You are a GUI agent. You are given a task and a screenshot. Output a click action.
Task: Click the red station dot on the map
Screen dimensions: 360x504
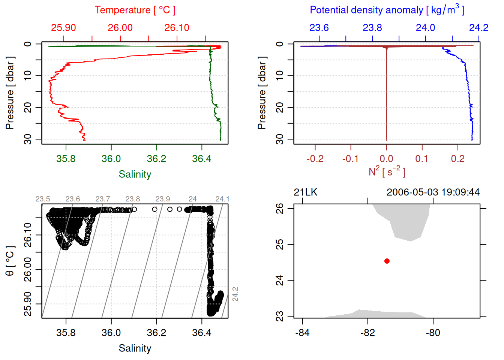[387, 261]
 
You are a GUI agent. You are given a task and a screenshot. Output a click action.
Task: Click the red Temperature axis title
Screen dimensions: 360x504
[135, 10]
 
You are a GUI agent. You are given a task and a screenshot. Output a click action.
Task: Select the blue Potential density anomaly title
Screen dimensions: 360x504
[387, 10]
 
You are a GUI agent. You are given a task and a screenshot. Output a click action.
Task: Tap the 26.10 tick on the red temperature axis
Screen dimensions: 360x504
[177, 28]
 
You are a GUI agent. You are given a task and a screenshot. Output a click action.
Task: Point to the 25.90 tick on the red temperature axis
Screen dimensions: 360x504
[63, 28]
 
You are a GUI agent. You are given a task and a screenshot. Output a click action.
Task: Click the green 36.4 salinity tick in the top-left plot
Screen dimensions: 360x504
[202, 159]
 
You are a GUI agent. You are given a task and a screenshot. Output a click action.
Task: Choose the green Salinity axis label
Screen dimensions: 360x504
[135, 174]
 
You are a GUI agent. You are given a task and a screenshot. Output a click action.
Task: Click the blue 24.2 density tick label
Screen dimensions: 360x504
[478, 28]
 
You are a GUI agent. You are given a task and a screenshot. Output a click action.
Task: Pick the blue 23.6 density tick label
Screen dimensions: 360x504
[319, 28]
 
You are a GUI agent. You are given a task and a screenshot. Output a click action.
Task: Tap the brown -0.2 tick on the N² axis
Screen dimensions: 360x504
[315, 159]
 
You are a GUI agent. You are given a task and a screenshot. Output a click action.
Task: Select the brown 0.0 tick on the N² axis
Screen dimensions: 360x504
[387, 159]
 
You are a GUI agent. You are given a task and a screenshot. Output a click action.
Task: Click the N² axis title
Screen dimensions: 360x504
[387, 171]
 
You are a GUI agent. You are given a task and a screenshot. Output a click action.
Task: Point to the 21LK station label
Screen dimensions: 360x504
[306, 192]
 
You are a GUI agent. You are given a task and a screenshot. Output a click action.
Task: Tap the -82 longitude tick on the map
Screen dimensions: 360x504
[367, 333]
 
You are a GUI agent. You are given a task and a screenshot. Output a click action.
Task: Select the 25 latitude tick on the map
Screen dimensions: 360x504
[280, 244]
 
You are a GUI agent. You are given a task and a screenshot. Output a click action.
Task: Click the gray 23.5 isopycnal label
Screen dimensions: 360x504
[43, 199]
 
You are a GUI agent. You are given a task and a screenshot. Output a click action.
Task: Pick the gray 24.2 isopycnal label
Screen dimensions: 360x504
[235, 294]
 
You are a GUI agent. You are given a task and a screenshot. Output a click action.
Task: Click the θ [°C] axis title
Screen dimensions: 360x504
[10, 261]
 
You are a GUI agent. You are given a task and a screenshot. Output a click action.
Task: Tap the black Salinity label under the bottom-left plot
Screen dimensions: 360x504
[135, 348]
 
